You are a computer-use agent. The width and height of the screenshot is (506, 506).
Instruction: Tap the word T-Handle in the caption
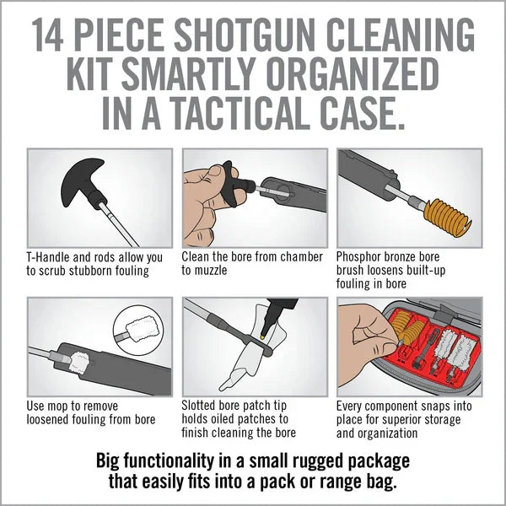tap(52, 256)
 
